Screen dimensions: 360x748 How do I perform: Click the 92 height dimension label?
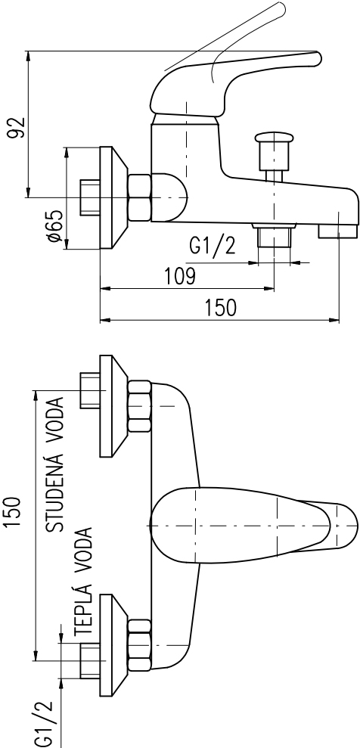point(16,127)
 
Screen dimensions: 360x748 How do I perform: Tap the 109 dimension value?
point(179,276)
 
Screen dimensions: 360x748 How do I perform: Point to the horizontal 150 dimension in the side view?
point(221,308)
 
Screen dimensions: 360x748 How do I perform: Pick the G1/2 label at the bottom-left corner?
point(44,724)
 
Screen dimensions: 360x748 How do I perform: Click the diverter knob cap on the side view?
point(273,138)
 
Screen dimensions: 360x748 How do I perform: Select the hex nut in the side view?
point(140,197)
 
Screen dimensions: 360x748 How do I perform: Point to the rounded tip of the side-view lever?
point(315,58)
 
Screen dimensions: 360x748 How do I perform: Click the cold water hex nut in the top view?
point(140,406)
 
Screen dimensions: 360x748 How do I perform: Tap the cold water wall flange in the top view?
point(113,406)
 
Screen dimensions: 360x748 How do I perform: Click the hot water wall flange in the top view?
point(113,645)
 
